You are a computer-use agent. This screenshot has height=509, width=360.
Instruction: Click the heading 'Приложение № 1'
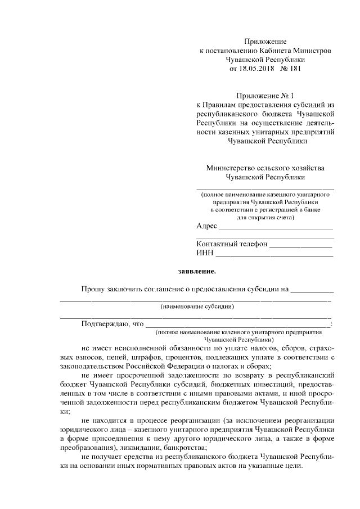[265, 96]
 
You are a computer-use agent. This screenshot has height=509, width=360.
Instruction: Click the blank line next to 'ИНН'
[274, 254]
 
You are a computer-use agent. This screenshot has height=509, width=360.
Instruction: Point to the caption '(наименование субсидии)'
[197, 307]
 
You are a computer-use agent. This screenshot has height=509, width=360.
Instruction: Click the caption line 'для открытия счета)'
[264, 217]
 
